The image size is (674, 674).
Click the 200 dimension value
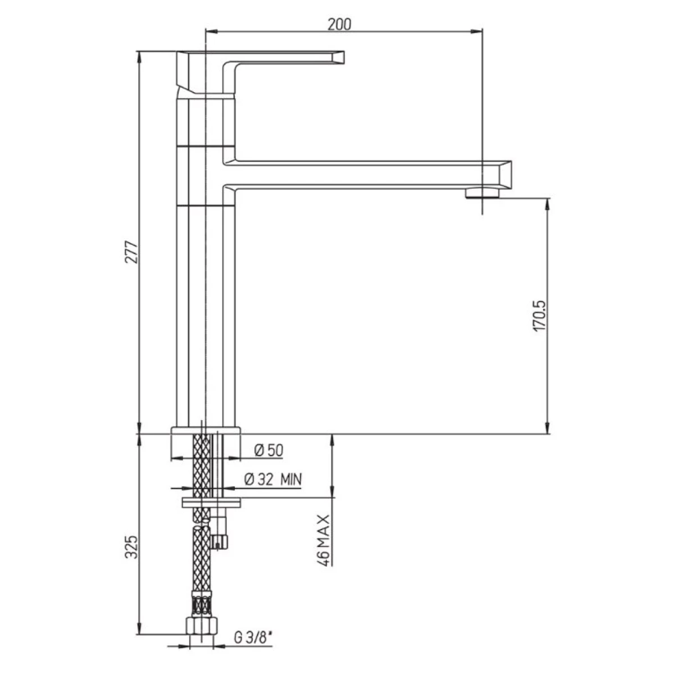(x=339, y=24)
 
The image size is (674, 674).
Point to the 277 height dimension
(x=132, y=252)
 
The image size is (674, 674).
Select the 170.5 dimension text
(x=539, y=316)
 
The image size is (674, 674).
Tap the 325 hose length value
(x=132, y=547)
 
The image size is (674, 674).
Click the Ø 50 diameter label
(x=268, y=450)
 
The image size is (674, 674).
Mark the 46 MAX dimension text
(x=324, y=540)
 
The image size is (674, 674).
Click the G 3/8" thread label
(x=253, y=638)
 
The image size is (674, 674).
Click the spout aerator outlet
(x=482, y=193)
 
